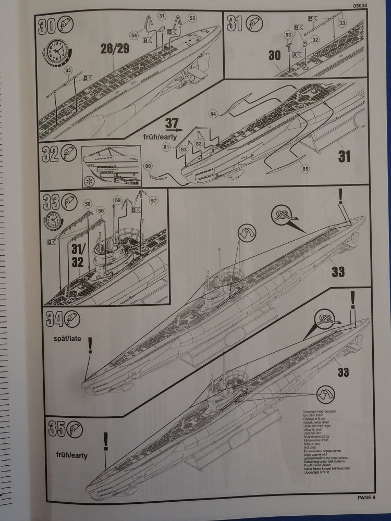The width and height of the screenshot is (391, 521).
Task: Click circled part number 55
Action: click(x=192, y=18)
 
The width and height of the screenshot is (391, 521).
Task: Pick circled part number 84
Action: click(x=213, y=114)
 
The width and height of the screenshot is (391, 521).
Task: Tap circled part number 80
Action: click(x=149, y=166)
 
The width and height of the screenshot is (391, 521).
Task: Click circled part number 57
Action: click(x=153, y=200)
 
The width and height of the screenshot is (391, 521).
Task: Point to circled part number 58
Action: click(x=88, y=204)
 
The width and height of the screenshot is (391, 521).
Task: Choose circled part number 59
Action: click(x=117, y=200)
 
